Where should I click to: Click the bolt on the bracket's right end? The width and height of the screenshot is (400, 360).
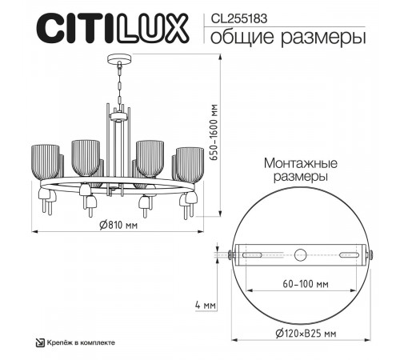click(x=370, y=255)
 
